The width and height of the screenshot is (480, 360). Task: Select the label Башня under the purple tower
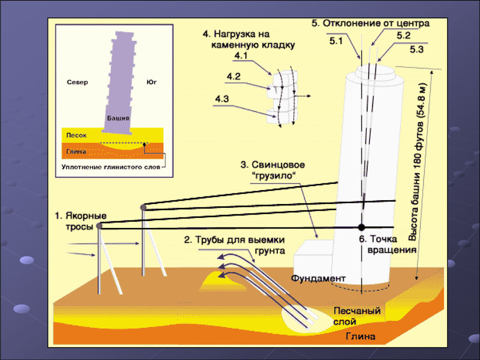(118, 118)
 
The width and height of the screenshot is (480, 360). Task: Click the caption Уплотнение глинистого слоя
(111, 168)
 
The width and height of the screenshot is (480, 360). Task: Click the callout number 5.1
(336, 41)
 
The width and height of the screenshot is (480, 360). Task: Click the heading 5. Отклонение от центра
(370, 23)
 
